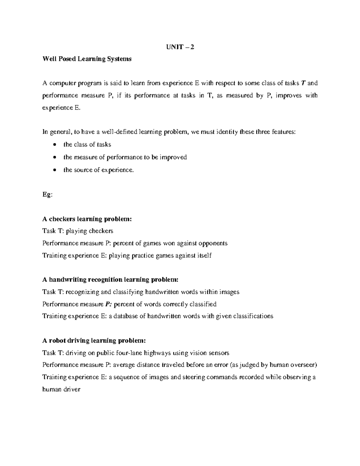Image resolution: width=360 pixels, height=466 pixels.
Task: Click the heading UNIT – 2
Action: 180,47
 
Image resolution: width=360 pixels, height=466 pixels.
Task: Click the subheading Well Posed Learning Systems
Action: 87,59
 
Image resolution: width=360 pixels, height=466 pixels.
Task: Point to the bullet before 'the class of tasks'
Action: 54,145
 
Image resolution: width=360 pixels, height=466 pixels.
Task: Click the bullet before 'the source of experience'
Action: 54,170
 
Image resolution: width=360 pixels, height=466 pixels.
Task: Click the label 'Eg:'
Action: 47,194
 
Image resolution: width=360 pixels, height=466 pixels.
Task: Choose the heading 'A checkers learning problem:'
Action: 87,219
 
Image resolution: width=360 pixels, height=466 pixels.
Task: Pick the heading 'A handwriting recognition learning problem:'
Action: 110,280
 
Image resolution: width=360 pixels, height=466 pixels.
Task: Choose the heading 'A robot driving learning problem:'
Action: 94,341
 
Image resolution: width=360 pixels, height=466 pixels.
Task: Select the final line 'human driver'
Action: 61,389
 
